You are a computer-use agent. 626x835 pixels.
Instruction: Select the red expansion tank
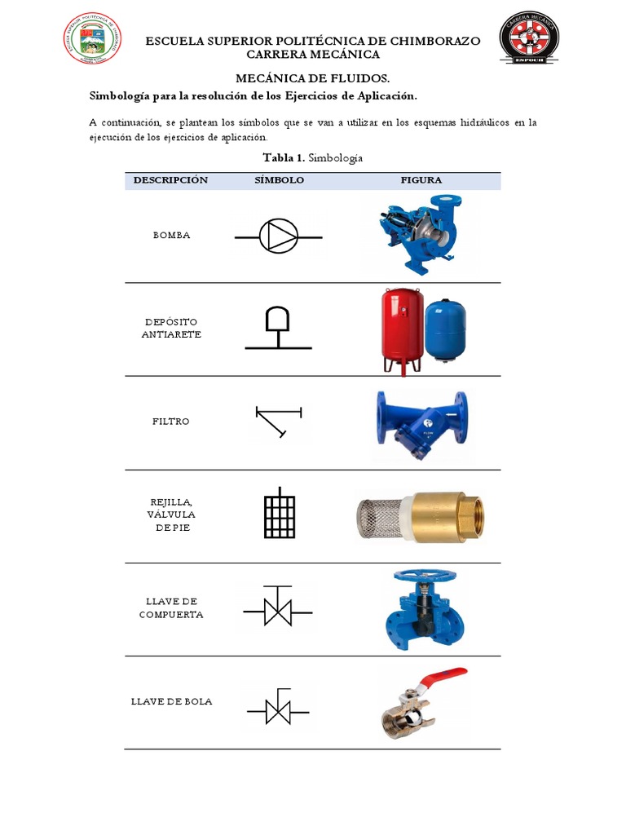pyautogui.click(x=402, y=326)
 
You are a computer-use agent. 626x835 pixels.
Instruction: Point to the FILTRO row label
pyautogui.click(x=170, y=422)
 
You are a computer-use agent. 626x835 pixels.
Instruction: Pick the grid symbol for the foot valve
pyautogui.click(x=279, y=514)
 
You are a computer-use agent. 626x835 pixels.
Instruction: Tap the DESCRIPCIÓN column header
pyautogui.click(x=170, y=180)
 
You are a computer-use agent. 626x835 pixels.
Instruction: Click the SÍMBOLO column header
pyautogui.click(x=279, y=180)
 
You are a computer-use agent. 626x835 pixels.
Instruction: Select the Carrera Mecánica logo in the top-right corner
pyautogui.click(x=528, y=38)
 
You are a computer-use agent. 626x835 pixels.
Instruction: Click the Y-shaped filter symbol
pyautogui.click(x=277, y=419)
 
